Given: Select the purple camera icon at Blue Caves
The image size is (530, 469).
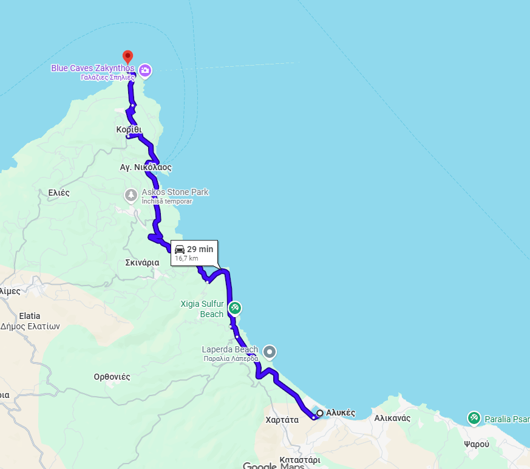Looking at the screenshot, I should pyautogui.click(x=145, y=71).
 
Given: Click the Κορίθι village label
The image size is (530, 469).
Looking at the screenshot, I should pyautogui.click(x=129, y=129).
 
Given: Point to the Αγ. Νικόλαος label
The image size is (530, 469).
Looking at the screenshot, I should pyautogui.click(x=146, y=166).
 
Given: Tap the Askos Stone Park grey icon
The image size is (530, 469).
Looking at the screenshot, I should pyautogui.click(x=131, y=195).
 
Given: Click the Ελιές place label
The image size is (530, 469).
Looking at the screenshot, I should pyautogui.click(x=59, y=193).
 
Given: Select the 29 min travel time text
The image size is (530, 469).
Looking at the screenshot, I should pyautogui.click(x=200, y=249).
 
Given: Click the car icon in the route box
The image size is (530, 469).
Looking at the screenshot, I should pyautogui.click(x=180, y=249).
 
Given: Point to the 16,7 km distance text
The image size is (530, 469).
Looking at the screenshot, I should pyautogui.click(x=186, y=258).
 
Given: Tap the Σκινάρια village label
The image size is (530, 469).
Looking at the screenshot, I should pyautogui.click(x=142, y=262).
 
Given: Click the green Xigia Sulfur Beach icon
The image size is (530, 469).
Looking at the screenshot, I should pyautogui.click(x=235, y=308).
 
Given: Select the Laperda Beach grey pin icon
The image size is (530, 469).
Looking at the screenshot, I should pyautogui.click(x=270, y=352).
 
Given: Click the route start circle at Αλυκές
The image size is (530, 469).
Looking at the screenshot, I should pyautogui.click(x=320, y=413).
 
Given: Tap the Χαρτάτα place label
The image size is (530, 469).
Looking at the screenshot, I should pyautogui.click(x=282, y=419).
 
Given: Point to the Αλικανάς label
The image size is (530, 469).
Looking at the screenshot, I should pyautogui.click(x=392, y=418).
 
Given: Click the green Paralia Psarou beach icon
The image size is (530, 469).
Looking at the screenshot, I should pyautogui.click(x=474, y=418).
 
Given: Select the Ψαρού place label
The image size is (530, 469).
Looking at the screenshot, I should pyautogui.click(x=477, y=444).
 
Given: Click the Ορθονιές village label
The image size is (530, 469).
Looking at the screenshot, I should pyautogui.click(x=112, y=377).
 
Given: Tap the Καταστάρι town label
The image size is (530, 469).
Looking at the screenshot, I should pyautogui.click(x=300, y=460).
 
